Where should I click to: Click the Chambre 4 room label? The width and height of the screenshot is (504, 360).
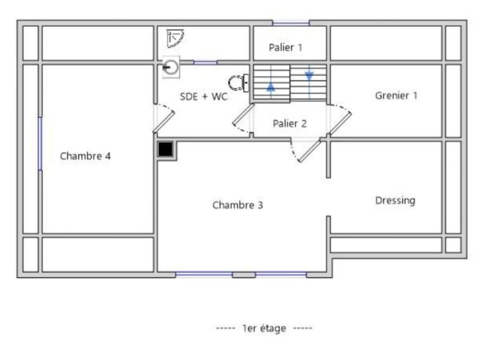[x=85, y=156]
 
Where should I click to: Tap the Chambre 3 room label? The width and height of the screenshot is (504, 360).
[x=238, y=205]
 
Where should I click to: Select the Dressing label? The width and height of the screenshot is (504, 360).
[x=395, y=200]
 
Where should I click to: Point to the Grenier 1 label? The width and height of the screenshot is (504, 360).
[x=396, y=95]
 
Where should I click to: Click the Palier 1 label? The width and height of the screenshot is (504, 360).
[x=285, y=47]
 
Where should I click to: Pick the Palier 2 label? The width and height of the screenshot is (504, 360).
[x=290, y=123]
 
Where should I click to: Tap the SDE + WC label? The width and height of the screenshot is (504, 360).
[x=204, y=97]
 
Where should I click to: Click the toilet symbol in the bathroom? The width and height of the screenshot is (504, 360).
[x=238, y=83]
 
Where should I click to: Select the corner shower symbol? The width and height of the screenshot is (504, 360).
[x=175, y=39]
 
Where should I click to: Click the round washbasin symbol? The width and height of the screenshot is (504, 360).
[x=170, y=67]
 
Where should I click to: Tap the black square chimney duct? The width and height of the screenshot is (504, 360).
[x=166, y=149]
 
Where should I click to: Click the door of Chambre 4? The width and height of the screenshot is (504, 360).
[x=164, y=118]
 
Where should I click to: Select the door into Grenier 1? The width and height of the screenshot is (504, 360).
[x=340, y=119]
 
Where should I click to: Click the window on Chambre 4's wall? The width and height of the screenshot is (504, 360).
[x=40, y=144]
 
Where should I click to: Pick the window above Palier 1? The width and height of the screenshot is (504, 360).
[x=291, y=23]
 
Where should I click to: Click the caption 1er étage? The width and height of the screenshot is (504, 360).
[x=264, y=328]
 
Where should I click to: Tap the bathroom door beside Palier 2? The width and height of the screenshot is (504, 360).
[x=243, y=118]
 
